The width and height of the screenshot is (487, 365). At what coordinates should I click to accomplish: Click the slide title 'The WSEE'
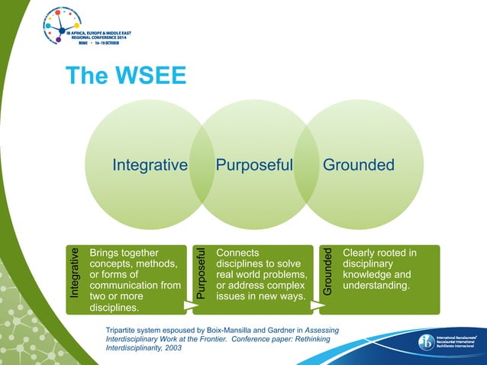pos(125,76)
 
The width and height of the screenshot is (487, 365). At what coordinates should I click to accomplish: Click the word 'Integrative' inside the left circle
pos(150,165)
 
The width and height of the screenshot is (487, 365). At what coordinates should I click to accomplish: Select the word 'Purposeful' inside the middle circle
pos(254,165)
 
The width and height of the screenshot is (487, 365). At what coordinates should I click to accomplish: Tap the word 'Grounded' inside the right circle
pos(358,165)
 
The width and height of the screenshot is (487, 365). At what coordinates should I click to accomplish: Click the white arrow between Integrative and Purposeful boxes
pos(188,306)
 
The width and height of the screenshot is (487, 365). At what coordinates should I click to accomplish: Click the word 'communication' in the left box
pos(124,286)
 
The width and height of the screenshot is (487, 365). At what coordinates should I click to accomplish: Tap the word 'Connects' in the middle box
pos(237,253)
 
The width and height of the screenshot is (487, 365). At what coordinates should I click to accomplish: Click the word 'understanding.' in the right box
pos(377,286)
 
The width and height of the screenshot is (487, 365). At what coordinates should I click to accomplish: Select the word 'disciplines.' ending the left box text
pos(114,308)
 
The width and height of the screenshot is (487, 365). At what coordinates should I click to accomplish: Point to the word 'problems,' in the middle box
pos(282,275)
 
